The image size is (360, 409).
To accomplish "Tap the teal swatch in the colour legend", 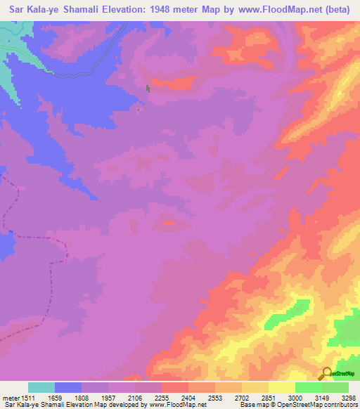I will tap(41, 387).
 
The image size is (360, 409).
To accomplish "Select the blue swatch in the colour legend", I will tap(68, 387).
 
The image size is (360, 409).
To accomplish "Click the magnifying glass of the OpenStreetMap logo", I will tap(326, 372).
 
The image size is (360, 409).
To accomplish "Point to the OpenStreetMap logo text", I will tap(344, 374).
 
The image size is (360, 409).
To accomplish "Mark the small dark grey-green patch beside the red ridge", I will tap(148, 88).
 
